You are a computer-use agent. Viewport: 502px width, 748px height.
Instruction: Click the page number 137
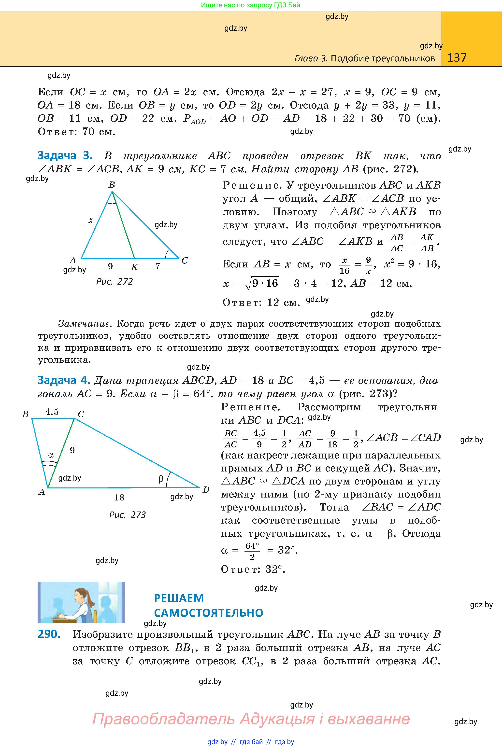(457, 58)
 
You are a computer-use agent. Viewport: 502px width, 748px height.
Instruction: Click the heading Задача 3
(65, 155)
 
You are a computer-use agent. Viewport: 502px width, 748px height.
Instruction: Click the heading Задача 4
(64, 380)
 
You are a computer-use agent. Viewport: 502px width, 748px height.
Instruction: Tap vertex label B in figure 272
(112, 185)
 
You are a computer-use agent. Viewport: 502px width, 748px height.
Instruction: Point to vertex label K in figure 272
(134, 267)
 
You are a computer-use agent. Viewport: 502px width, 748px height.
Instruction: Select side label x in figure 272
(91, 220)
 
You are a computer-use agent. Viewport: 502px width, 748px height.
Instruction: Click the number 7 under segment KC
(158, 266)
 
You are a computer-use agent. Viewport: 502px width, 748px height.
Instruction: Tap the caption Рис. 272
(114, 281)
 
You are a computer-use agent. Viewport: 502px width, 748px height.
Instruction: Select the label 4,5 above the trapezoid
(52, 412)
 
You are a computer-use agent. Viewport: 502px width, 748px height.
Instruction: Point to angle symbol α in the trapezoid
(51, 455)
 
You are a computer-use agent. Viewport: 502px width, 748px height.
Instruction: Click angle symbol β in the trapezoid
(161, 479)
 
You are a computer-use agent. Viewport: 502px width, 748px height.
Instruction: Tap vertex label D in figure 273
(206, 489)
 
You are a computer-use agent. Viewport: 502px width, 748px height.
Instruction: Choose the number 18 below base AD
(119, 497)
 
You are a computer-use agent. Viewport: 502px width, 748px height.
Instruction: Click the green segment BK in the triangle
(123, 225)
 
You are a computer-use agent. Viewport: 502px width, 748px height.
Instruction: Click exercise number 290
(49, 634)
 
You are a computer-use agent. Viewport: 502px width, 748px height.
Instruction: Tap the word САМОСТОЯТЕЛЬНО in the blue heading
(208, 613)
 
